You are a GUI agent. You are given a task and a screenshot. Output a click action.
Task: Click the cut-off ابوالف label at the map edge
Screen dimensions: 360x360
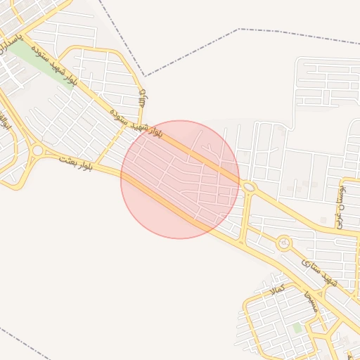(6, 122)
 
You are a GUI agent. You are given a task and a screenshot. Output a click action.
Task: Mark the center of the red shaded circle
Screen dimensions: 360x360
(180, 179)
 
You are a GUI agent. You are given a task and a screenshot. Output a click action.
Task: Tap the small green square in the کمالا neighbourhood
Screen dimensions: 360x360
(297, 328)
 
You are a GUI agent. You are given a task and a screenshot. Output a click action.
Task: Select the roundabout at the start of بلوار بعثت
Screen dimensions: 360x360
(37, 150)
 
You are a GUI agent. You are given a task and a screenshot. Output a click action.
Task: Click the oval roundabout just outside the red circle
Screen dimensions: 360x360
(249, 186)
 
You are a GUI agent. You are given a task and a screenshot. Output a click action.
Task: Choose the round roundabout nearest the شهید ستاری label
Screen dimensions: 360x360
(284, 243)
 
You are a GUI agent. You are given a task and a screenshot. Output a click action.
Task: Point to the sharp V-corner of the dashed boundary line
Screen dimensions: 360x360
(146, 75)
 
